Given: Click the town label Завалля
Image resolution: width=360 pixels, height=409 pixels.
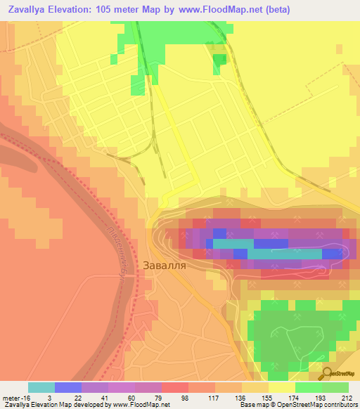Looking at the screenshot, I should click(165, 266).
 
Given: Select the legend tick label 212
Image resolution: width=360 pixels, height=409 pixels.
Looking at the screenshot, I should click(347, 397).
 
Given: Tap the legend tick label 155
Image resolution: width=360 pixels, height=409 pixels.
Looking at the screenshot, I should click(267, 397).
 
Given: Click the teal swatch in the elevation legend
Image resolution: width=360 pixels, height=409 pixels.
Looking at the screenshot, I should click(41, 387).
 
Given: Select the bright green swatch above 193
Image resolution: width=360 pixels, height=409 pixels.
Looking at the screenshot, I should click(309, 387).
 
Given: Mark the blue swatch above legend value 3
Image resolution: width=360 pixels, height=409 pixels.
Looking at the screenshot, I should click(67, 387).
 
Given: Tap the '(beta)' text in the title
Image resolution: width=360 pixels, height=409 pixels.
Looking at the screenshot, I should click(276, 9).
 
